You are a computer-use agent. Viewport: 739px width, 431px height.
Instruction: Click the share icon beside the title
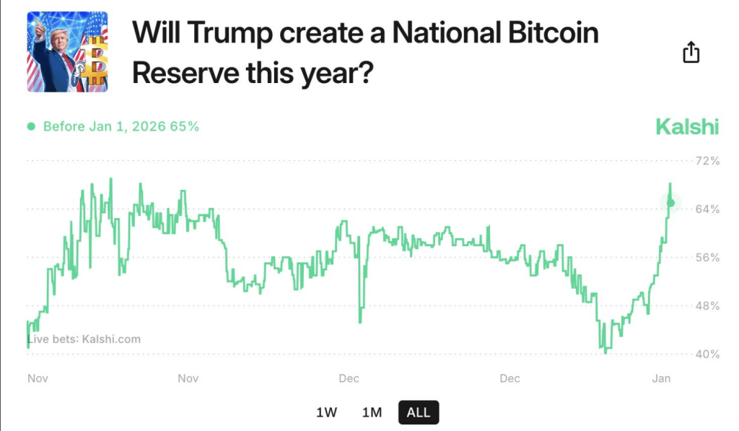tap(691, 52)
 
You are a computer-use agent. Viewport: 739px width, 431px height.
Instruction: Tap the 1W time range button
tap(326, 412)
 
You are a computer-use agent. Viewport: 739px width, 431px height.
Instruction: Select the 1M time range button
tap(372, 412)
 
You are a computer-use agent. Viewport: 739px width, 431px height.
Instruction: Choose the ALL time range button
tap(419, 412)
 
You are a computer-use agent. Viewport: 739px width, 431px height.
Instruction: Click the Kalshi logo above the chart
tap(686, 127)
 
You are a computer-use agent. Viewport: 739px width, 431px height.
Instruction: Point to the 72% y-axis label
tap(707, 160)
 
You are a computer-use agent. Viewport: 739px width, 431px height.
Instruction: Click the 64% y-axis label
tap(707, 209)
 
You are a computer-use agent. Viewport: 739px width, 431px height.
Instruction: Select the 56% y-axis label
tap(707, 257)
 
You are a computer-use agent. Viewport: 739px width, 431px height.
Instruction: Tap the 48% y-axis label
tap(707, 305)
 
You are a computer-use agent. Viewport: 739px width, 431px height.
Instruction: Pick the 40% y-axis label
tap(707, 354)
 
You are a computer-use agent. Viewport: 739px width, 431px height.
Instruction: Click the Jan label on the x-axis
tap(661, 378)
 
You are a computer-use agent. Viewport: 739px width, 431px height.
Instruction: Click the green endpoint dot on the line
tap(670, 203)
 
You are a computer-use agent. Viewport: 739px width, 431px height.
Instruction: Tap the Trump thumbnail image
tap(67, 52)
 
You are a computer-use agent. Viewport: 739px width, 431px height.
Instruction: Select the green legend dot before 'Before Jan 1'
tap(31, 126)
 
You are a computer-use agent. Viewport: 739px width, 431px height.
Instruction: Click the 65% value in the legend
tap(185, 126)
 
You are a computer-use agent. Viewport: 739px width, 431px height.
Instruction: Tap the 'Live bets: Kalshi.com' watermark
tap(84, 339)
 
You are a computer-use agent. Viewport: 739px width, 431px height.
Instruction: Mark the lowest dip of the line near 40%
tap(605, 352)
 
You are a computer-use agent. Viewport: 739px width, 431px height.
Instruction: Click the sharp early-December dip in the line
tap(360, 321)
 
